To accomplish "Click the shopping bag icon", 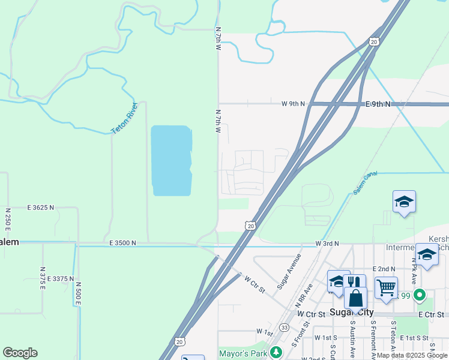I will tap(355, 298).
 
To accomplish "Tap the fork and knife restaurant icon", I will tap(354, 283).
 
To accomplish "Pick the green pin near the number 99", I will tap(420, 295).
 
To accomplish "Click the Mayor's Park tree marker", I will tap(276, 352).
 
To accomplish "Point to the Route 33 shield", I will tap(283, 327).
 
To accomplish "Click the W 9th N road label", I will tap(293, 104).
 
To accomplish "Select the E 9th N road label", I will tap(378, 104).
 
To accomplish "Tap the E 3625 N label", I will tap(40, 207).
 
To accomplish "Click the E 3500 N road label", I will tap(122, 243).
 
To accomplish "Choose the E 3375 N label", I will tap(59, 278).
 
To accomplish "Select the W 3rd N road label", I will tap(327, 243).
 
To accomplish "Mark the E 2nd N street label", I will tap(384, 269).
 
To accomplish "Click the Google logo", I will tap(20, 353).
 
